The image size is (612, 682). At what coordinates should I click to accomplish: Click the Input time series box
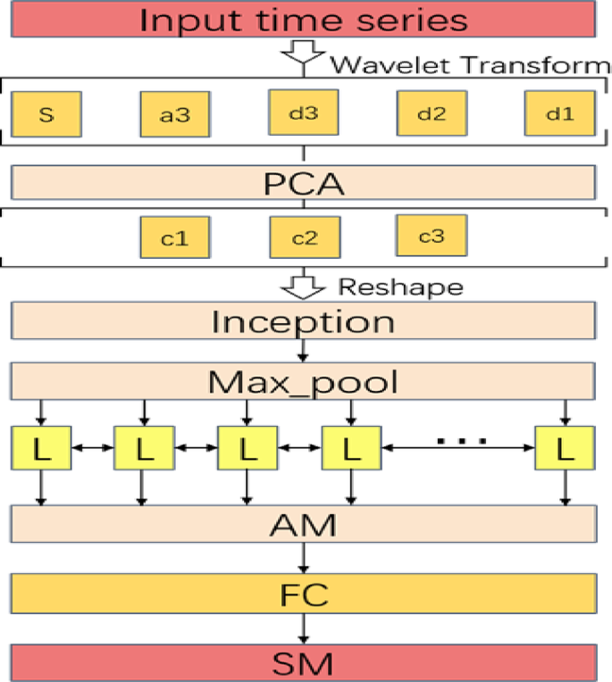click(304, 21)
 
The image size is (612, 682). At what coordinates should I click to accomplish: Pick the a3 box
click(174, 115)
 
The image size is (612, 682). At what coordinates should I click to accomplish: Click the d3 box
click(303, 114)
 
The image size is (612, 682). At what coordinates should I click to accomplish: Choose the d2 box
click(432, 114)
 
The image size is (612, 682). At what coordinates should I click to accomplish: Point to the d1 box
click(559, 114)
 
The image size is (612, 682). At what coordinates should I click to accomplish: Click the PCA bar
click(304, 185)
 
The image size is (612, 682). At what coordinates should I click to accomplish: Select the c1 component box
click(174, 238)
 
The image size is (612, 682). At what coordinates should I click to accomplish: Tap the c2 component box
click(304, 238)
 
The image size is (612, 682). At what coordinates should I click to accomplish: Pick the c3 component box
click(432, 237)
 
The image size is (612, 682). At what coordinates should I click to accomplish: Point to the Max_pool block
click(304, 384)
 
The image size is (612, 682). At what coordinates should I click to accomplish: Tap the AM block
click(304, 524)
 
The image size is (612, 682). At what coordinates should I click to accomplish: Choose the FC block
click(304, 592)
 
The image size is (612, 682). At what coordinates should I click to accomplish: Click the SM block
click(304, 662)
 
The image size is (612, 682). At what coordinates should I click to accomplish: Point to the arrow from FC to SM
click(304, 628)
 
